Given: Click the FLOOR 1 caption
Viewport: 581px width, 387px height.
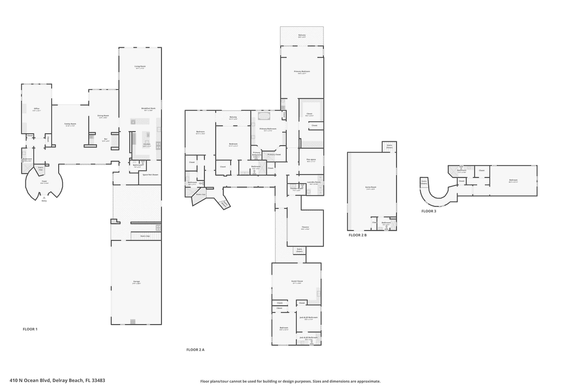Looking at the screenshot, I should point(30,329).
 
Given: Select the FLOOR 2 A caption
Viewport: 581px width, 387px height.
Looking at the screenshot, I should point(195,349).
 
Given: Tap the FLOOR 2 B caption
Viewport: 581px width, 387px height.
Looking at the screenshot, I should point(357,235).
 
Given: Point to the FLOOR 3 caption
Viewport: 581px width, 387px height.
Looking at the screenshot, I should point(429,211).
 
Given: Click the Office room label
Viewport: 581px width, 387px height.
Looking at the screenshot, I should point(37,109).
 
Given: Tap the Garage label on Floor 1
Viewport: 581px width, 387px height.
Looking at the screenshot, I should point(136,282).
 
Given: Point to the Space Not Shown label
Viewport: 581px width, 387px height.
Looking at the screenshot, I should point(150,175).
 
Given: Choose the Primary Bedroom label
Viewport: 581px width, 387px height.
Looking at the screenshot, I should point(302,72).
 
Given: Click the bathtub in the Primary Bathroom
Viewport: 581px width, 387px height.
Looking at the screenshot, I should point(265,116).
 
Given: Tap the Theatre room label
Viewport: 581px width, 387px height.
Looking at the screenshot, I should point(305,227).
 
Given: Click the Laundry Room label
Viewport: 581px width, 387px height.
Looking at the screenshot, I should point(314,182).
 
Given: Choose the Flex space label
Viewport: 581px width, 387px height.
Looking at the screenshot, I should point(311,160).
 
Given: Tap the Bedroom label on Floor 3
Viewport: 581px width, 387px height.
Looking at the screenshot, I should point(513,181).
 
